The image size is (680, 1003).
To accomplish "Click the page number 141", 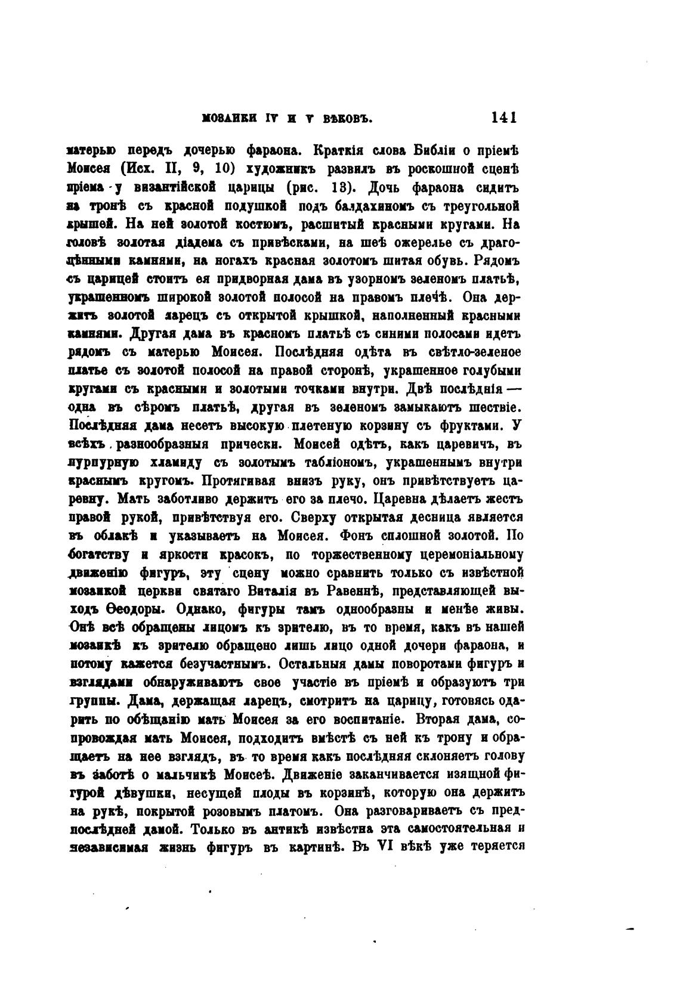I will [503, 117].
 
